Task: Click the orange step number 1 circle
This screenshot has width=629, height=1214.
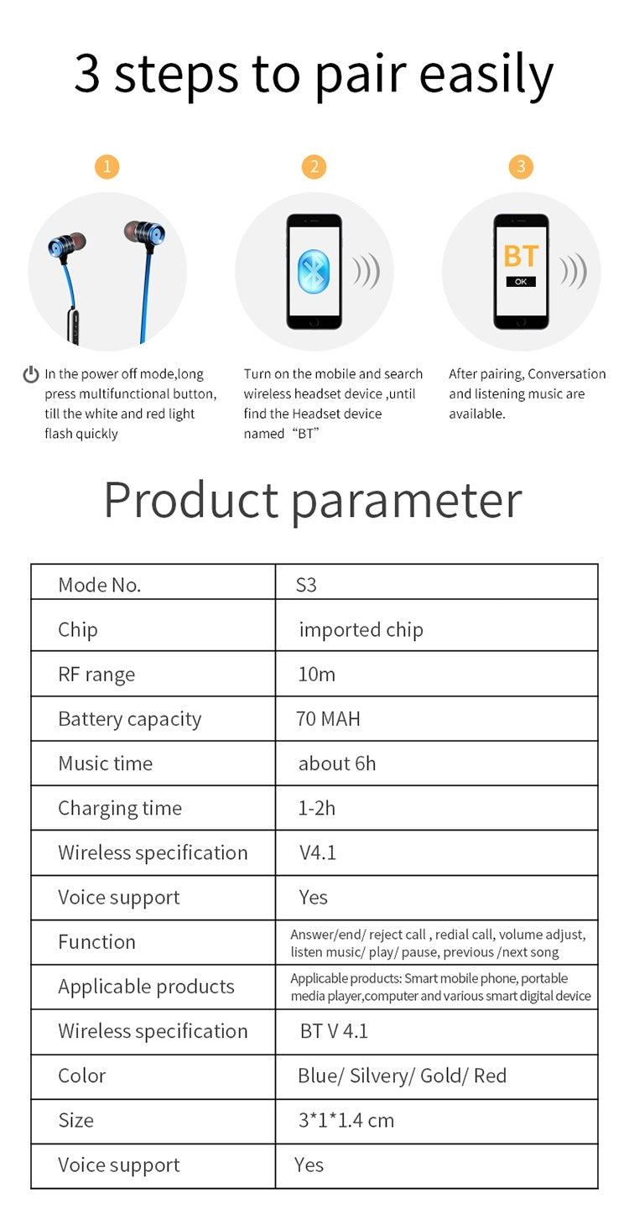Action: pos(107,167)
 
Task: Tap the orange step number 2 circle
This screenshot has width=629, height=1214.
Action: pos(314,167)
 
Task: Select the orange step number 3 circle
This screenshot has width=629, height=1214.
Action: pos(521,167)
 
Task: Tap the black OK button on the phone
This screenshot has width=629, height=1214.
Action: pos(521,282)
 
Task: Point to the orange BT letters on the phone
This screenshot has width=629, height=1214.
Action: pos(521,257)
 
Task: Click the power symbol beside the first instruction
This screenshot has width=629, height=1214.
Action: pos(31,374)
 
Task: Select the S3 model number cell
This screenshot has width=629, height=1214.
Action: pos(306,585)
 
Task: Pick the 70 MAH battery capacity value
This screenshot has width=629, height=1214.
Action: pos(328,719)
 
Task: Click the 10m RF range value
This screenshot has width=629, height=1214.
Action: pos(316,675)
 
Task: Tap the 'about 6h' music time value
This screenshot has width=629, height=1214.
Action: pos(337,763)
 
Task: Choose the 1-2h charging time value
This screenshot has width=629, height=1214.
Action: pos(317,808)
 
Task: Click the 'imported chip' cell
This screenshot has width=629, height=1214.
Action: pos(361,630)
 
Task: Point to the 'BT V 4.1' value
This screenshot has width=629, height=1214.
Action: pos(334,1031)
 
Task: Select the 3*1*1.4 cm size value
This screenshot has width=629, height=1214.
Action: pos(346,1120)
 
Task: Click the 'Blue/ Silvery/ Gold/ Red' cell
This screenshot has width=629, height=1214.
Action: pos(402,1076)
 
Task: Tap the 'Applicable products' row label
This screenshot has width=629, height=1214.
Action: pos(146,987)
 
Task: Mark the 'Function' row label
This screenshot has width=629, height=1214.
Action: pos(96,942)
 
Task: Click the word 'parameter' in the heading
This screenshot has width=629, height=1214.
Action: pos(407,501)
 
